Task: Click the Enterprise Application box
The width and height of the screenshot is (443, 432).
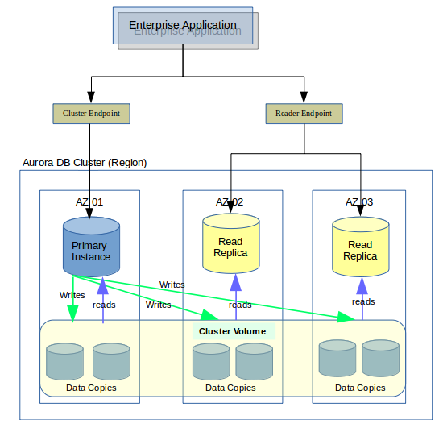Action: (183, 26)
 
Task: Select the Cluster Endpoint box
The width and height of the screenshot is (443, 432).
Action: (91, 114)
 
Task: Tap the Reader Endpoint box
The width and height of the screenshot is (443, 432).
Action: (304, 114)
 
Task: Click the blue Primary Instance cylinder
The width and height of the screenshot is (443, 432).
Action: (91, 247)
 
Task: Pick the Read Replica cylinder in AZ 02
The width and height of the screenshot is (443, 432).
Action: (231, 243)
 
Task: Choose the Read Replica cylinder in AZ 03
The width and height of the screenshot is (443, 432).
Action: (361, 247)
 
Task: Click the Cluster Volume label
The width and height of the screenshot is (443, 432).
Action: (232, 331)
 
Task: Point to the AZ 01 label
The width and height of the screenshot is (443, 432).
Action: (89, 202)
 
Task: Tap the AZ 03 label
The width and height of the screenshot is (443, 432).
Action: (359, 202)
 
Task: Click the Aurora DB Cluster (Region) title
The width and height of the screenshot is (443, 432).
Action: (85, 163)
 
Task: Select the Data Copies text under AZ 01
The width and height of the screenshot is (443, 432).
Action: (91, 388)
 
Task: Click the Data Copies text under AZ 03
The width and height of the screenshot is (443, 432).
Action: (360, 388)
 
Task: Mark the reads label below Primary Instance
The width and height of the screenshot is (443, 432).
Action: (104, 305)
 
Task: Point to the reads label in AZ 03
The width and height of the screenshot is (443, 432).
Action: (363, 302)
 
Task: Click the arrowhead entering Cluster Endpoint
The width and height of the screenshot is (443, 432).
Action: (91, 98)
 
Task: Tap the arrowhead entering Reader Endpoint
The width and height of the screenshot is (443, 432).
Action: (304, 98)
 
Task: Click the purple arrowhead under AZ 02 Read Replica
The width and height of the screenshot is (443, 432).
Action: (236, 282)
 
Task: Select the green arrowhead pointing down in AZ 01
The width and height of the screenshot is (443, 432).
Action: (72, 314)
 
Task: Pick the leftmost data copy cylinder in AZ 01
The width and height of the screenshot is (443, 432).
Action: (64, 362)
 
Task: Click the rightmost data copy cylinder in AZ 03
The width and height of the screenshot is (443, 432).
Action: (380, 359)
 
